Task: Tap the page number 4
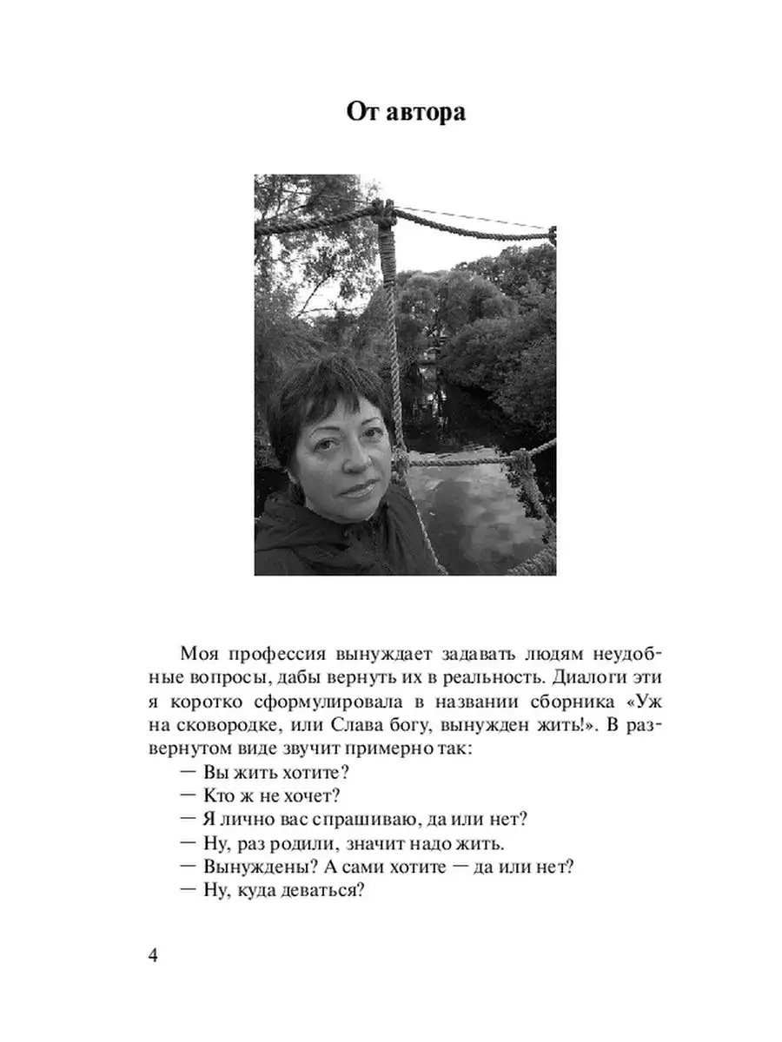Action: (x=154, y=956)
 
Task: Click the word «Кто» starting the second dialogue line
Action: (x=217, y=796)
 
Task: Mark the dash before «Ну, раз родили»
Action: (x=189, y=843)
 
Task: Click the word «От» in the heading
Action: (x=361, y=113)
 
